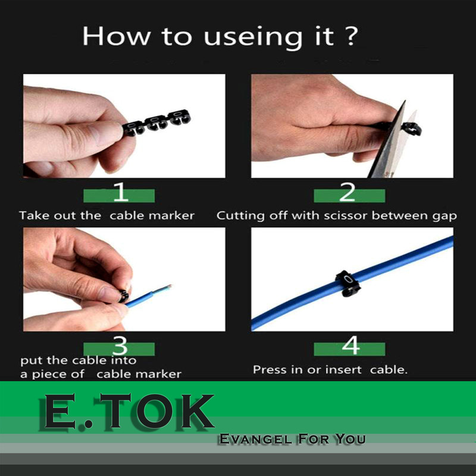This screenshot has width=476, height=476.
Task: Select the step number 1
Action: [x=121, y=192]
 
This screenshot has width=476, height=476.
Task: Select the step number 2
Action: [x=347, y=192]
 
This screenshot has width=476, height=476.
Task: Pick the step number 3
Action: [x=120, y=346]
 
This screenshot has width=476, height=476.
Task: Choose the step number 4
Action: [x=351, y=345]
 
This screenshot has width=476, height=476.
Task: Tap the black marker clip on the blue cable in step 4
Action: [x=347, y=283]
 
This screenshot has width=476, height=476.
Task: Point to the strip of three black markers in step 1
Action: [x=156, y=123]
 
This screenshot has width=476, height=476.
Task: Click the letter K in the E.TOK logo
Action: [x=198, y=411]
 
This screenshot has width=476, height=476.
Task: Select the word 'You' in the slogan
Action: [x=350, y=439]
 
